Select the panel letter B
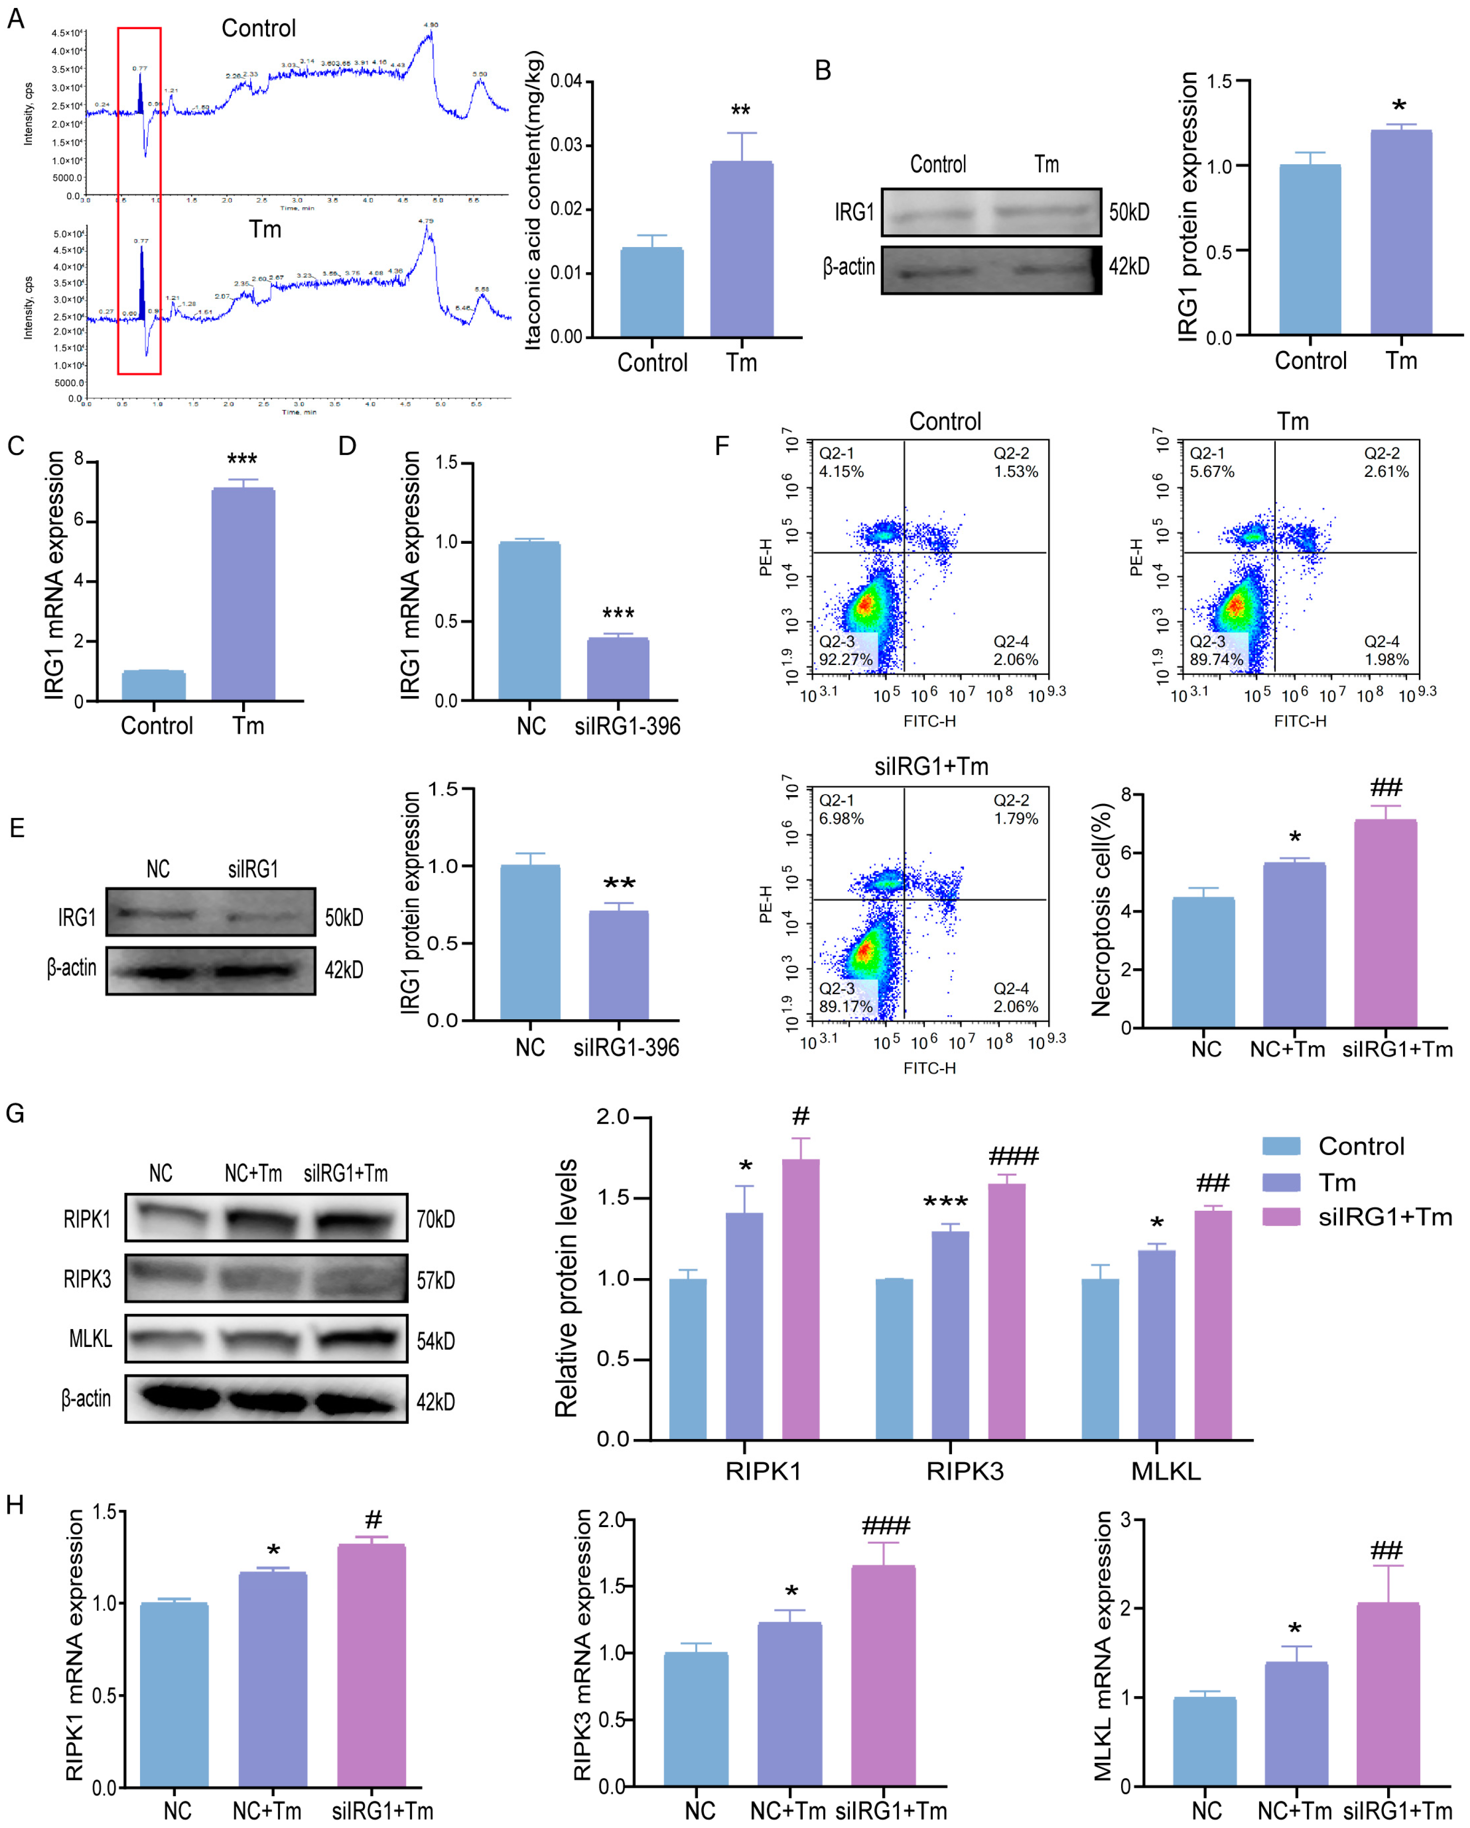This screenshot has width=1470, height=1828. coord(822,70)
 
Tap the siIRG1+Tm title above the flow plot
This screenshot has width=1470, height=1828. coord(931,767)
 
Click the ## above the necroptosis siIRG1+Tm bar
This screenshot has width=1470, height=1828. coord(1385,787)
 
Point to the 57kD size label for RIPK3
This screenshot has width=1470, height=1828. coord(435,1280)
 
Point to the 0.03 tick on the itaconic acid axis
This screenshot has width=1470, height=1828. coord(566,145)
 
